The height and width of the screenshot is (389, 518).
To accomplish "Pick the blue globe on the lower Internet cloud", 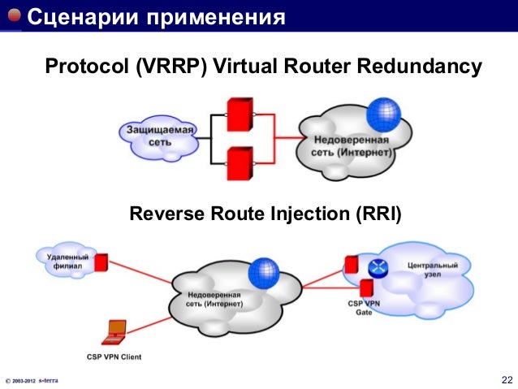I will (x=263, y=271).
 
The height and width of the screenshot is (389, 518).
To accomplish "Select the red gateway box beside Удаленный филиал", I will (x=101, y=262).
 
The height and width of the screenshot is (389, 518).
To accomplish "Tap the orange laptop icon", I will (x=115, y=330).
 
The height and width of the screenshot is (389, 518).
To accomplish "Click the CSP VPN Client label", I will (x=116, y=355).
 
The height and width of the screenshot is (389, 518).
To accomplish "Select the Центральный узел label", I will (x=430, y=270).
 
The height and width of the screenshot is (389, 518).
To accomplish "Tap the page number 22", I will (x=507, y=380).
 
